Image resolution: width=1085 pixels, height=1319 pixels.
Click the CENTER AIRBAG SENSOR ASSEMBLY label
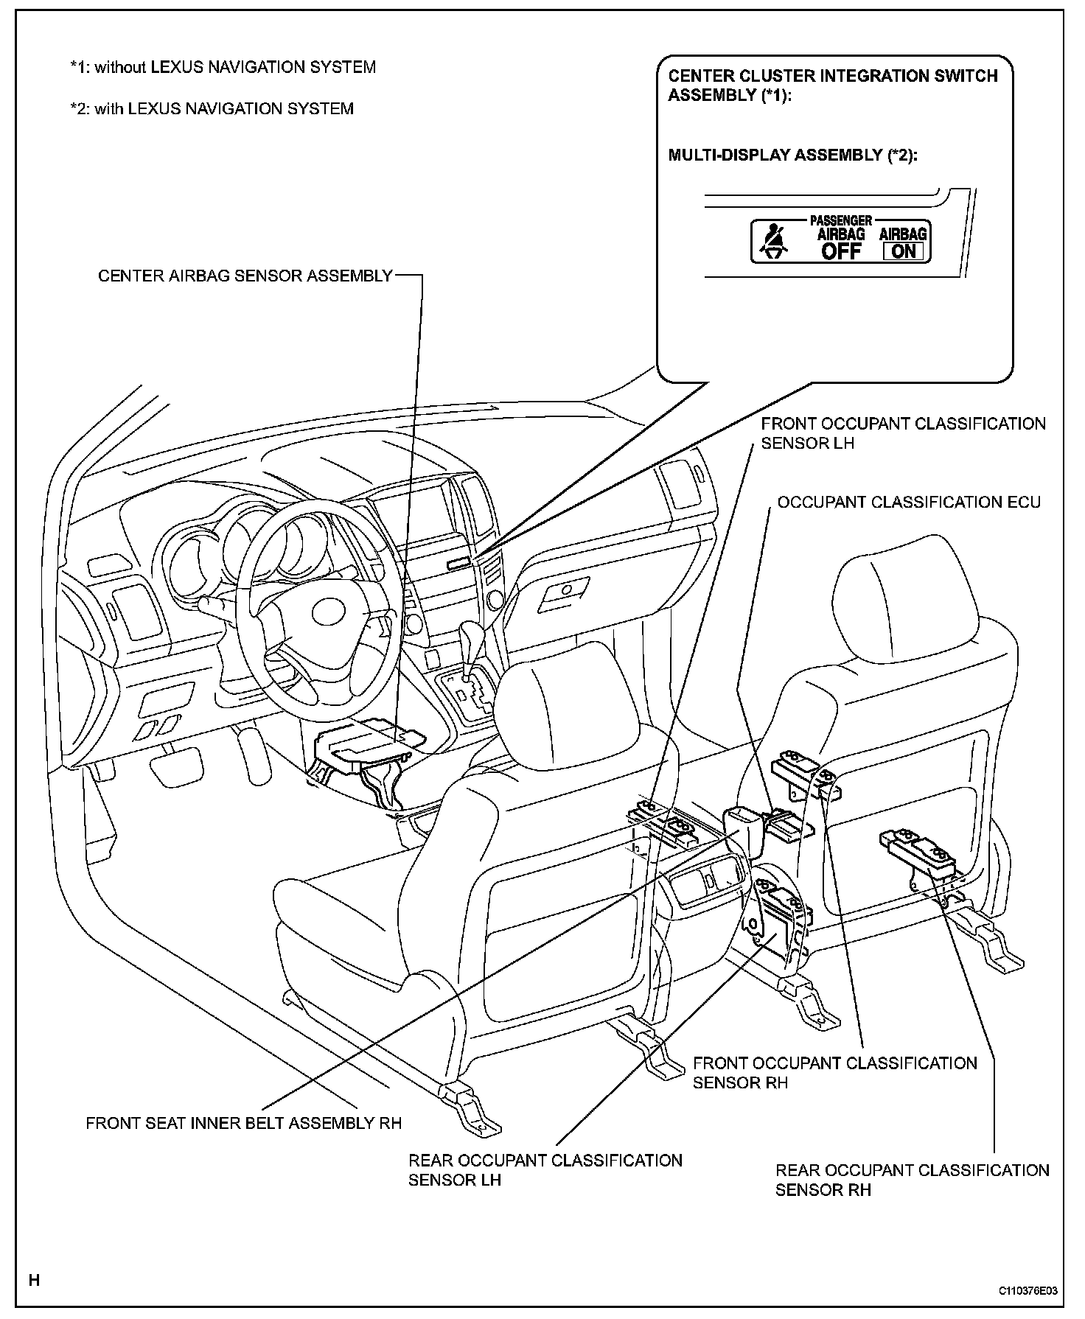(x=245, y=276)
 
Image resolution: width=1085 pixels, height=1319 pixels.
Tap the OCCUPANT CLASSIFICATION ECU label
(x=909, y=503)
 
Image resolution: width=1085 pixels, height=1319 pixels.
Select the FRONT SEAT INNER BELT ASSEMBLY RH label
(x=243, y=1123)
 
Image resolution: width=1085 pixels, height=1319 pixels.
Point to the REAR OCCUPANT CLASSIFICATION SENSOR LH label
(x=545, y=1169)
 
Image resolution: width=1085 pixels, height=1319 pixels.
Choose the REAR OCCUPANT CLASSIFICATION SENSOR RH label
(x=912, y=1180)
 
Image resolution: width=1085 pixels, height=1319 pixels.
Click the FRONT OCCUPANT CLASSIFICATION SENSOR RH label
(x=834, y=1072)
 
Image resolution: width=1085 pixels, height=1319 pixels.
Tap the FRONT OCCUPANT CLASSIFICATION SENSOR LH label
(x=903, y=433)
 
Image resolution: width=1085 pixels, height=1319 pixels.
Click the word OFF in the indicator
(x=841, y=251)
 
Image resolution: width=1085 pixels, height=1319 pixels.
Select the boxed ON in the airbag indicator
(x=903, y=251)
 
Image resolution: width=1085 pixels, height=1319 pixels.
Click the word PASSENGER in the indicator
(x=841, y=220)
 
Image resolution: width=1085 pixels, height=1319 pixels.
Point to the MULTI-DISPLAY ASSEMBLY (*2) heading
(x=792, y=155)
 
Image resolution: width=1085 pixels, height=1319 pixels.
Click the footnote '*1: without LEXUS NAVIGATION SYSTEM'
(x=223, y=68)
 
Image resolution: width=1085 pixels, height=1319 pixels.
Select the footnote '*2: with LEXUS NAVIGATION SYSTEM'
(x=212, y=109)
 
